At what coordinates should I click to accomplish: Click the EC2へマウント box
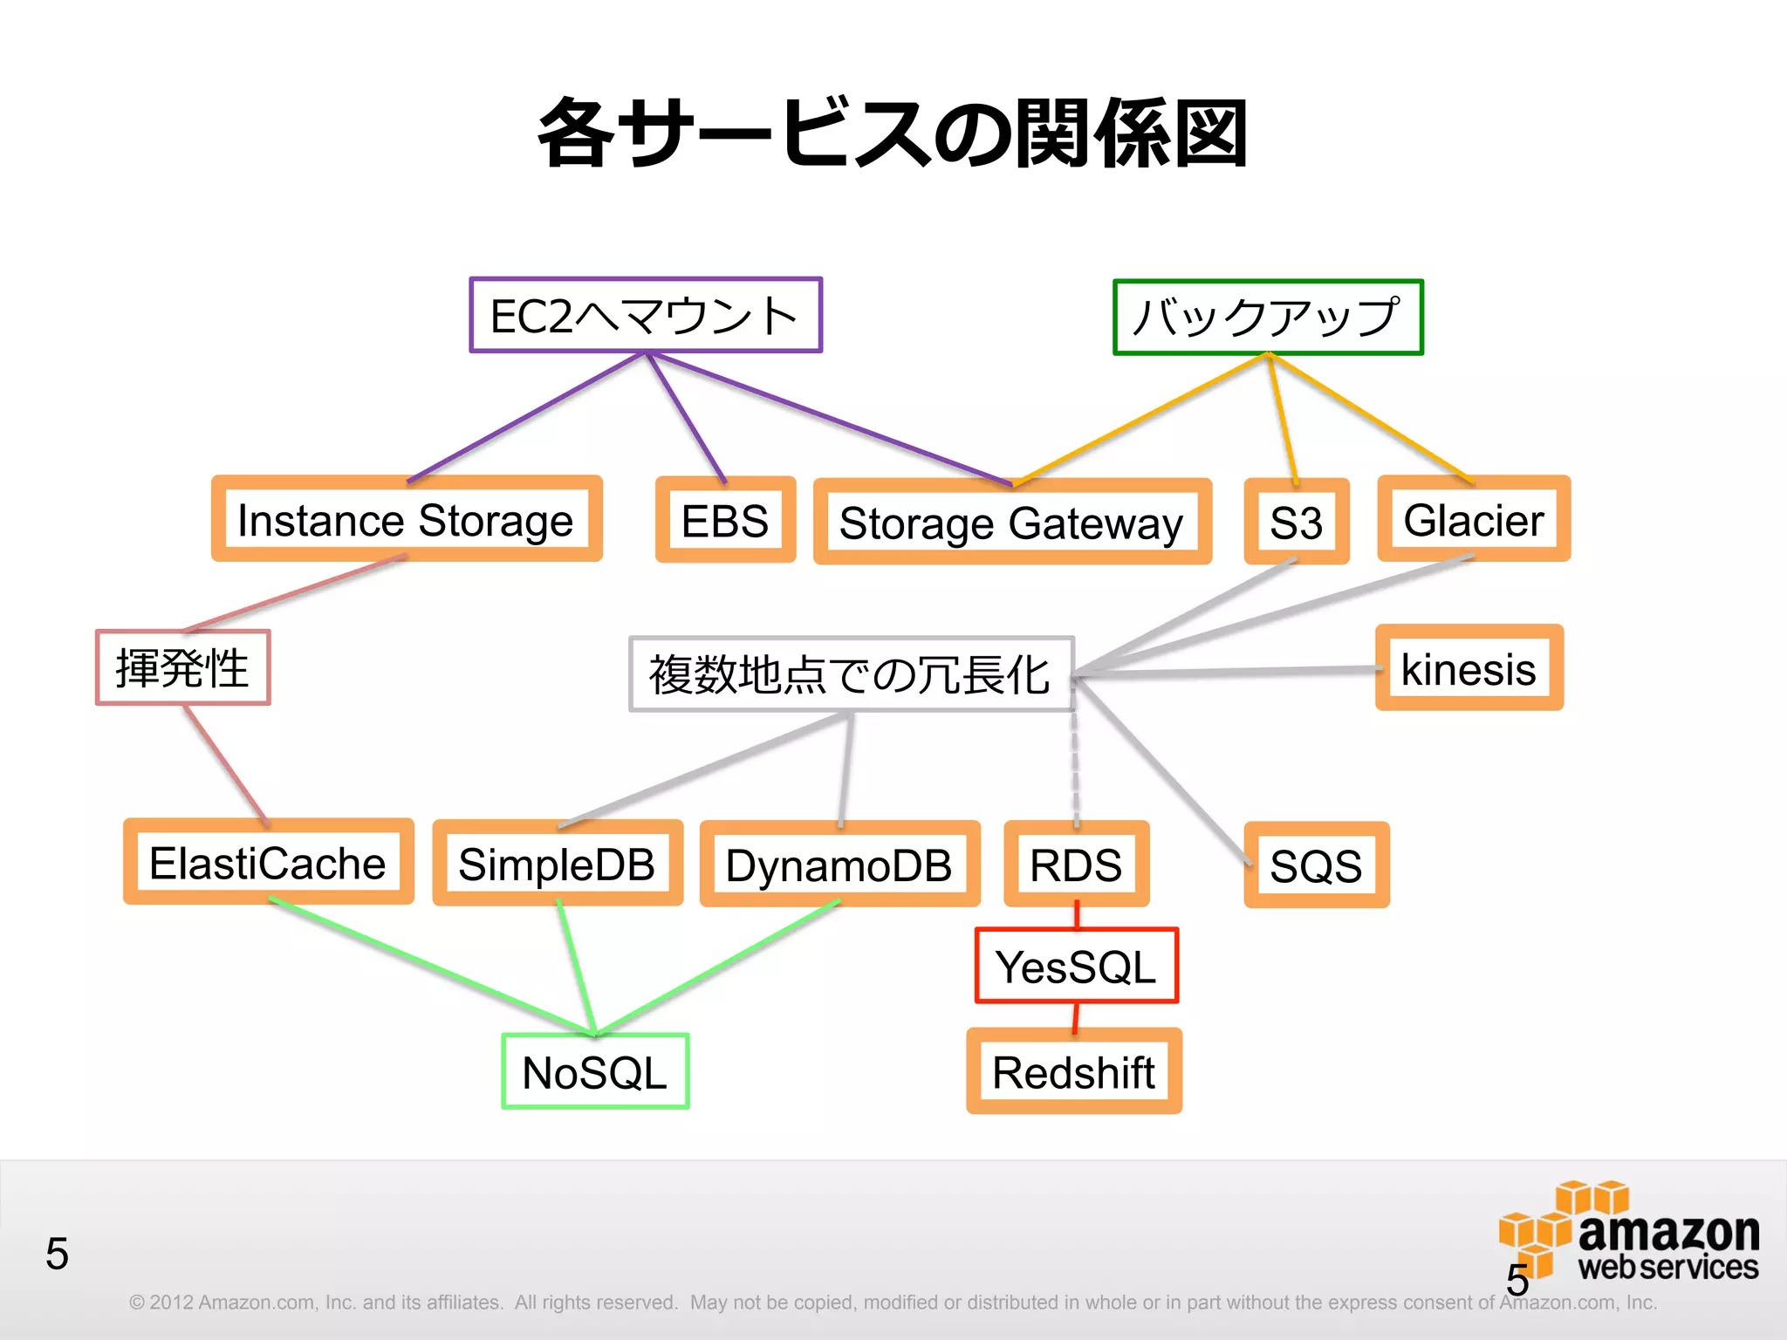646,315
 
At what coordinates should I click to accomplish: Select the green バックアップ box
1268,317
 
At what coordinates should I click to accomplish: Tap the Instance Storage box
407,519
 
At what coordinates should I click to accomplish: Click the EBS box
725,520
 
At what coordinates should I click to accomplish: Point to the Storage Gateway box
1012,522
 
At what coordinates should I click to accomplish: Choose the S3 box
1297,522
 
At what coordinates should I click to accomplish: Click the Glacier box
1474,519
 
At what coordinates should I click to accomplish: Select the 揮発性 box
183,667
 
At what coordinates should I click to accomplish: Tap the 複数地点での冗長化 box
851,673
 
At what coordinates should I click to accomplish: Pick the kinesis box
1469,668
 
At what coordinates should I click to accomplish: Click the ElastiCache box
269,862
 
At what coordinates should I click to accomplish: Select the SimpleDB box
558,864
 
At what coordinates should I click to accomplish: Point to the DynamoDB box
839,865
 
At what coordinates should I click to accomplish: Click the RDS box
1077,865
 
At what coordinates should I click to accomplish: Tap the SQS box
1316,865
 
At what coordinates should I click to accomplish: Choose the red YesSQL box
1077,966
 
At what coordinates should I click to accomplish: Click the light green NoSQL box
595,1071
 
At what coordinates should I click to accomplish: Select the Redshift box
1074,1071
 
